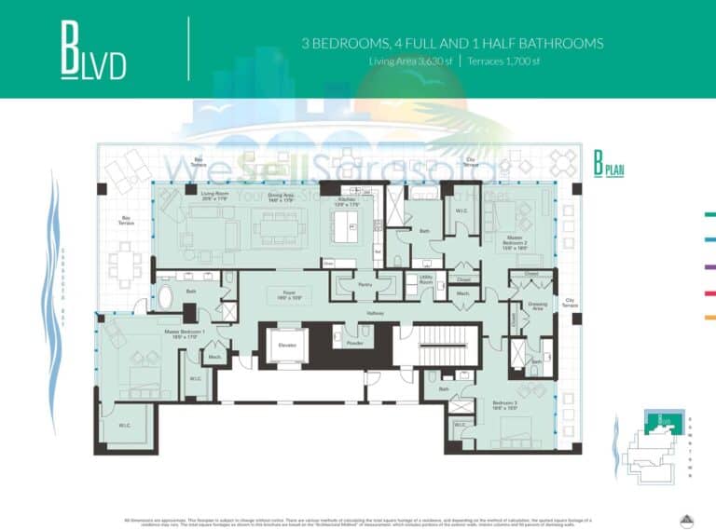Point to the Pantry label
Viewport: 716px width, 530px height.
pyautogui.click(x=365, y=285)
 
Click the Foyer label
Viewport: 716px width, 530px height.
pyautogui.click(x=276, y=293)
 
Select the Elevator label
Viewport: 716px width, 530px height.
pyautogui.click(x=286, y=345)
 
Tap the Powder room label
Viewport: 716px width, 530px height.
pyautogui.click(x=353, y=341)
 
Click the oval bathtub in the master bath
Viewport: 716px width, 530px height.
pyautogui.click(x=166, y=298)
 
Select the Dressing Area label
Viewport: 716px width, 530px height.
pyautogui.click(x=537, y=306)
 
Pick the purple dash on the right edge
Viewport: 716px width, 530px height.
pyautogui.click(x=709, y=266)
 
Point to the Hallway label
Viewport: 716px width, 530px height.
pyautogui.click(x=375, y=314)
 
